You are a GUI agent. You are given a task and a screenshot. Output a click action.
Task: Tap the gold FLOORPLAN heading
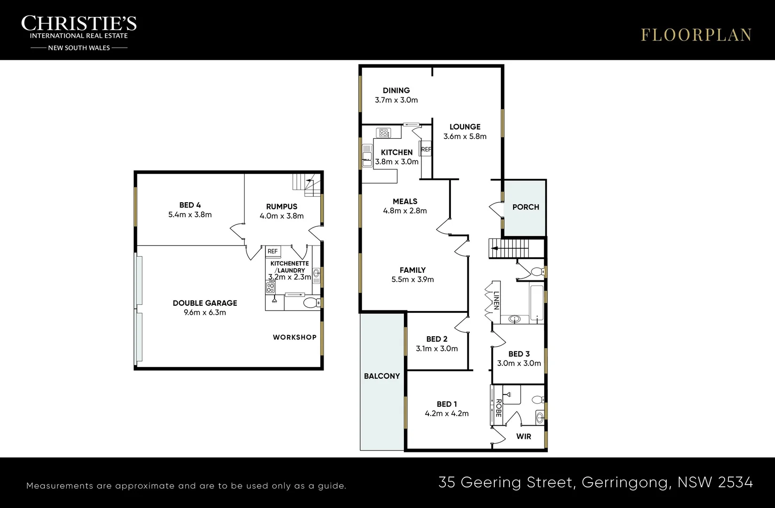click(x=696, y=35)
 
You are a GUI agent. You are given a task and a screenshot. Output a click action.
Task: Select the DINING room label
click(x=396, y=90)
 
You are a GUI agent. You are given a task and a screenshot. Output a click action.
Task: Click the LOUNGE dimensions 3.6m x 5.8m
click(x=465, y=136)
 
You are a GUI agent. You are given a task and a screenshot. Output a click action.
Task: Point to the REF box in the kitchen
click(x=426, y=149)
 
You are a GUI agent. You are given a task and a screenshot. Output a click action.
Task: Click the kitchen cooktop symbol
click(x=383, y=133)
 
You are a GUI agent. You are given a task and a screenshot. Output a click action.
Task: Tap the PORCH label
click(x=526, y=207)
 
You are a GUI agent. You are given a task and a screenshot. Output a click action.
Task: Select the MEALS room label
click(x=405, y=201)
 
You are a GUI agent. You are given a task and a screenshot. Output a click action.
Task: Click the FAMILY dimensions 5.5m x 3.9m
click(x=412, y=279)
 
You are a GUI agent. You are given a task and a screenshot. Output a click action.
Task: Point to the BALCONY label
click(x=381, y=376)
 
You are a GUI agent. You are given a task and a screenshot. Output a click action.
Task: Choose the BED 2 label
click(x=436, y=339)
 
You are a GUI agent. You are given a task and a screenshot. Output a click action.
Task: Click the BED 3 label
click(x=519, y=354)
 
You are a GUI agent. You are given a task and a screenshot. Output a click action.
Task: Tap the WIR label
click(x=523, y=437)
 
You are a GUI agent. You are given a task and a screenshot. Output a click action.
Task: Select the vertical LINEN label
click(x=497, y=301)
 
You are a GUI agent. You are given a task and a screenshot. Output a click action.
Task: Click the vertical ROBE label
click(x=498, y=408)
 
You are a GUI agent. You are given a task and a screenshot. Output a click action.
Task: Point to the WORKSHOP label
click(x=294, y=337)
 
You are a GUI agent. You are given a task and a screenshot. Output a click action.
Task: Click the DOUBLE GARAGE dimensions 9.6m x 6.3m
click(x=205, y=312)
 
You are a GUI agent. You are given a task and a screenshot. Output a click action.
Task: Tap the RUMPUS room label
click(x=282, y=206)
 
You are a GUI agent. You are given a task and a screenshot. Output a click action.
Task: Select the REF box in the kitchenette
click(x=273, y=252)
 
